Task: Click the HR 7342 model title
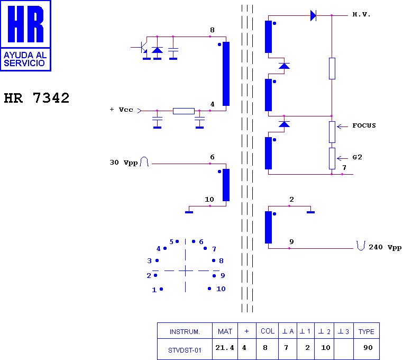[36, 98]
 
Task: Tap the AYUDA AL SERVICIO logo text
[25, 59]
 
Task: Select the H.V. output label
[361, 14]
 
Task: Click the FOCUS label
[364, 125]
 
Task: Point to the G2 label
[357, 157]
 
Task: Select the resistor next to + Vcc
[184, 111]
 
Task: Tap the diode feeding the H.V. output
[313, 15]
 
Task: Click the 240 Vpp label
[384, 247]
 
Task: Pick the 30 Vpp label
[123, 163]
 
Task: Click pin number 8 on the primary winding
[212, 30]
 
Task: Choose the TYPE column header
[367, 331]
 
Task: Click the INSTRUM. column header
[185, 331]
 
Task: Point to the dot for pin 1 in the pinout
[161, 289]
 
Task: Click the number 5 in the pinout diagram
[171, 241]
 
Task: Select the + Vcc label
[121, 110]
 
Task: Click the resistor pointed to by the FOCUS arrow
[332, 132]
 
